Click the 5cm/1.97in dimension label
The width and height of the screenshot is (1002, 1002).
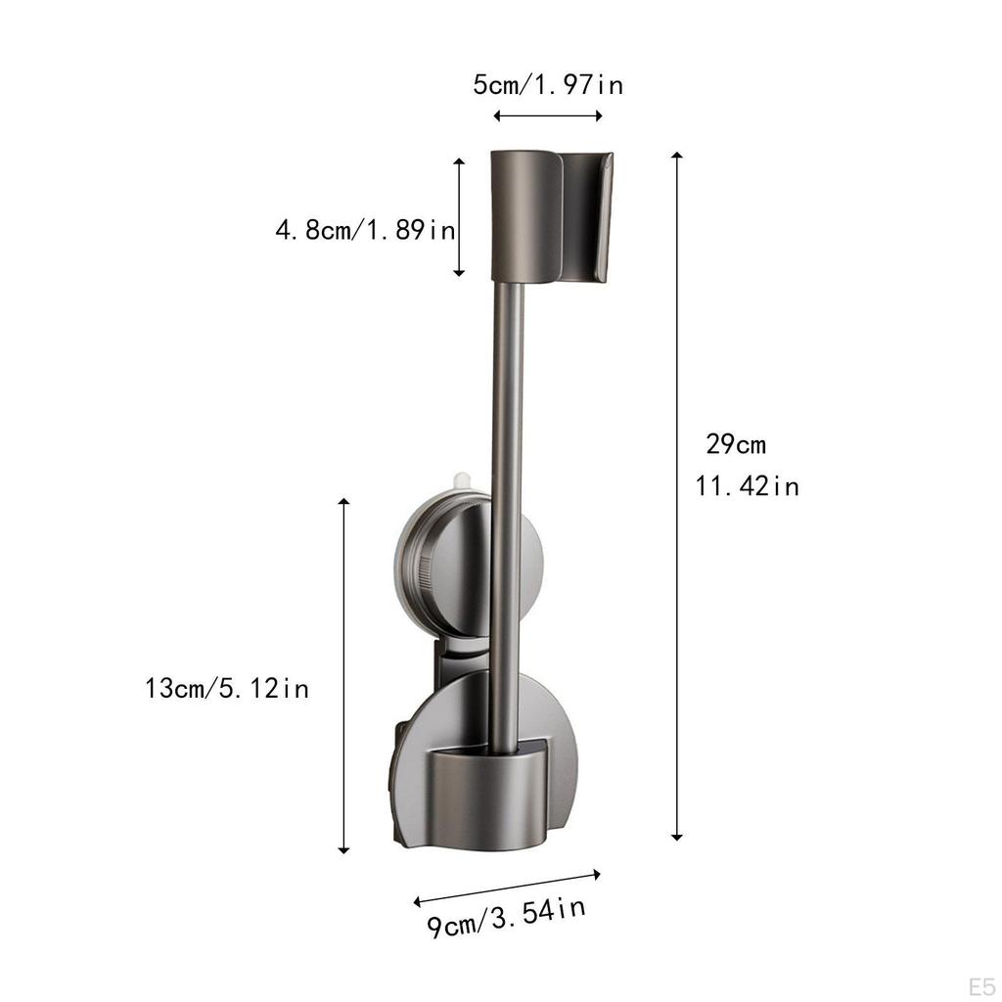point(548,84)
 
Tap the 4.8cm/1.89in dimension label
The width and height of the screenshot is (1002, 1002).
point(366,229)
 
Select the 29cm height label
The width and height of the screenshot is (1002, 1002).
point(736,444)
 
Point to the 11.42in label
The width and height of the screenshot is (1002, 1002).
point(747,486)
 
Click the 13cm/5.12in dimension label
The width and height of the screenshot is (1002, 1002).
point(227,688)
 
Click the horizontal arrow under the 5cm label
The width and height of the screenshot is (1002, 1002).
point(548,115)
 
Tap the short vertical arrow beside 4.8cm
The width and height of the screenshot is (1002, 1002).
point(459,217)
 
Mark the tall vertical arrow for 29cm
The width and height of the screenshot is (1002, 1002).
point(677,496)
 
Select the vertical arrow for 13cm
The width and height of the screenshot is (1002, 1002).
point(343,676)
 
